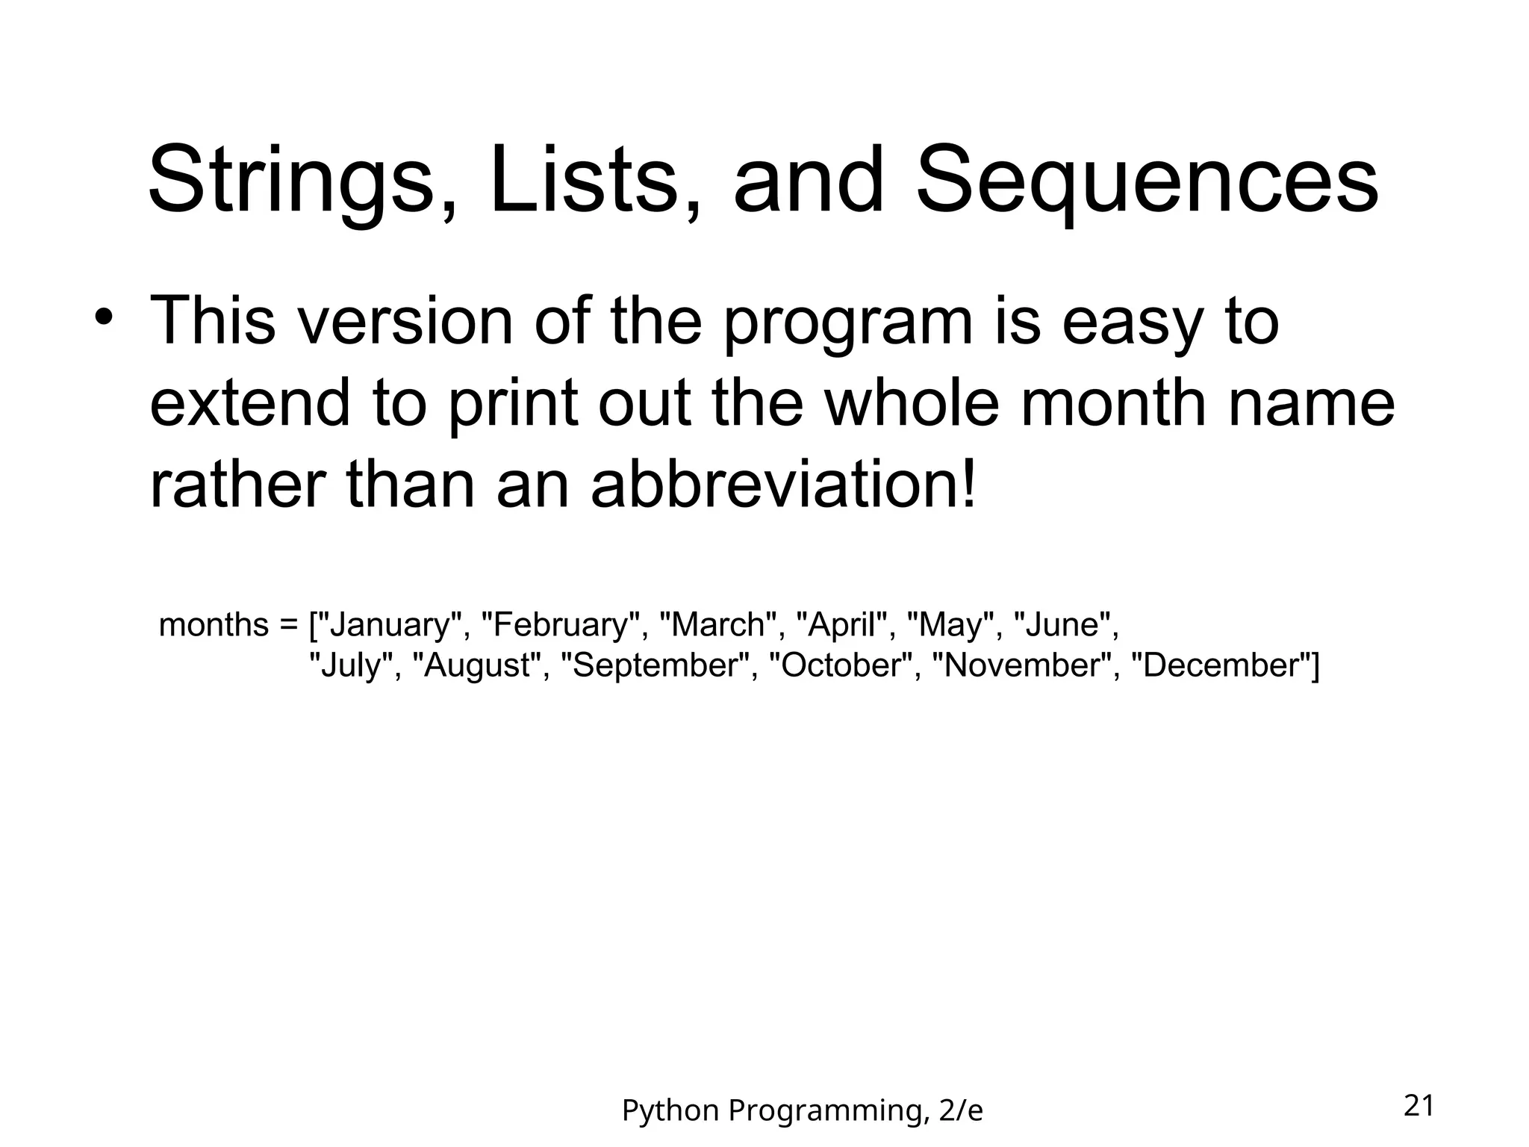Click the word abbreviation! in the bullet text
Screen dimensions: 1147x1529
coord(783,485)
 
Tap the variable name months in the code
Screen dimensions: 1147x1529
coord(214,624)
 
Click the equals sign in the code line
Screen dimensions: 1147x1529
coord(289,624)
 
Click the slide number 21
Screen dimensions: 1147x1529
coord(1419,1106)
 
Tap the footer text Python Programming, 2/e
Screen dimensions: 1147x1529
coord(802,1110)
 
